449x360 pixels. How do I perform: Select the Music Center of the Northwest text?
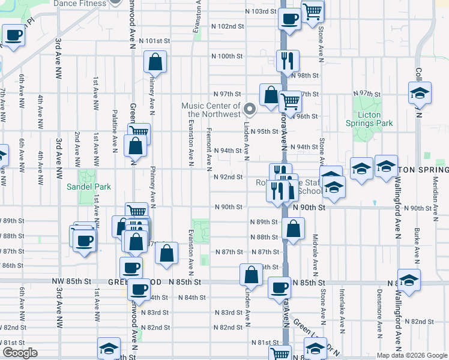pos(211,110)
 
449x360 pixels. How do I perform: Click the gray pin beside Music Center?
pos(250,109)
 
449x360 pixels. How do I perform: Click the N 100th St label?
pos(227,56)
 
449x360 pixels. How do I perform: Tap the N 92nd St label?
pos(228,177)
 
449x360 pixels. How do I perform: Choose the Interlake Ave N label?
pos(342,316)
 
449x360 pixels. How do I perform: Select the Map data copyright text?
pos(411,355)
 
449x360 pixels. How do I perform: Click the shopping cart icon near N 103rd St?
pos(312,10)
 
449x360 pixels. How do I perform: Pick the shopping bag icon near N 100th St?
pos(155,61)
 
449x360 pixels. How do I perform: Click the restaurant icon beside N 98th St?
pos(288,60)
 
